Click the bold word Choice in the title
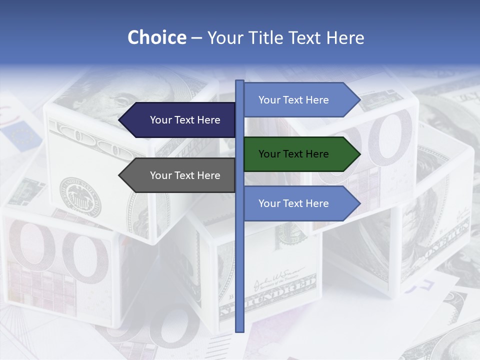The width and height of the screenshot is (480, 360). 156,37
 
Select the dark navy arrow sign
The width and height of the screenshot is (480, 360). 180,120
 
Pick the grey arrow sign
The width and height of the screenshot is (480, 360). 180,175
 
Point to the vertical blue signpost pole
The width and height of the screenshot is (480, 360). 239,250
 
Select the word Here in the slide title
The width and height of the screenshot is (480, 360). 345,37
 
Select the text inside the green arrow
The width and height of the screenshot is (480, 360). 293,154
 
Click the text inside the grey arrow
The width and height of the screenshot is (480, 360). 185,175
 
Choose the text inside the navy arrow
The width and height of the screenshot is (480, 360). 185,120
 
